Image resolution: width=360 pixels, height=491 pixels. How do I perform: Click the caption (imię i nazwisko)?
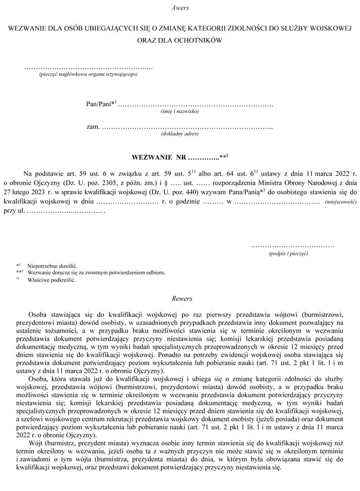pos(180,111)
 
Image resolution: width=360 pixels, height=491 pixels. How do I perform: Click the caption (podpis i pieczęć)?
pos(288,253)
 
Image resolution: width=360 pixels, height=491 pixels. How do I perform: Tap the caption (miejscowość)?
pos(340,202)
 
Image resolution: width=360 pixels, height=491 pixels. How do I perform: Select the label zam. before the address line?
pos(93,126)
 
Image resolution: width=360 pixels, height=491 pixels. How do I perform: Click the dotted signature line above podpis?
pos(292,246)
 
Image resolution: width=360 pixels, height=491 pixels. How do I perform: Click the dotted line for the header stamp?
pos(89,68)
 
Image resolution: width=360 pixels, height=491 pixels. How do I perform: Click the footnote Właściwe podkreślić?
pos(52,280)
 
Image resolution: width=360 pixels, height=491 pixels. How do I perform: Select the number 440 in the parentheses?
pos(207,192)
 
